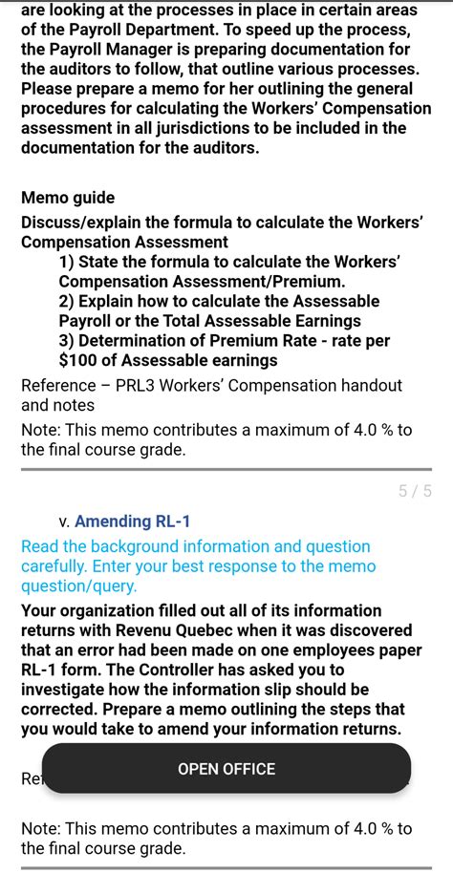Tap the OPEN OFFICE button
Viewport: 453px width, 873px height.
[x=226, y=769]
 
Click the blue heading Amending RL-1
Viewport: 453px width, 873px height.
[x=132, y=522]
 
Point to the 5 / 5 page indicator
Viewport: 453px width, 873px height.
[x=415, y=491]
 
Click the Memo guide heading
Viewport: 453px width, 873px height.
[x=68, y=198]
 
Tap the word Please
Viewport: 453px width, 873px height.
[x=48, y=89]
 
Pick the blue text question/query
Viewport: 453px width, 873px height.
[x=78, y=586]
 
